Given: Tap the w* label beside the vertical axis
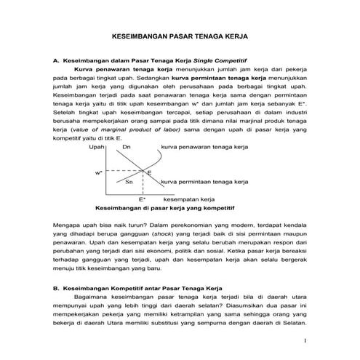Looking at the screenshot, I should pyautogui.click(x=97, y=172).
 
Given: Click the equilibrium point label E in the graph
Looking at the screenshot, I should pyautogui.click(x=149, y=172).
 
